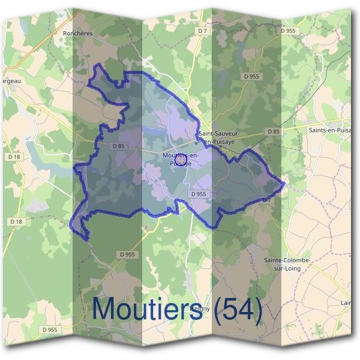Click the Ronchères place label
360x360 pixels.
coord(78,34)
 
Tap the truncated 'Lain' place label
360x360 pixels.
coord(346,303)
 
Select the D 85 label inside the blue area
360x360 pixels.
coord(118,146)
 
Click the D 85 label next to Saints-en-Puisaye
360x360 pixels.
coord(273,131)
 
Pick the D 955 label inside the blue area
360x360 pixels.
coord(198,194)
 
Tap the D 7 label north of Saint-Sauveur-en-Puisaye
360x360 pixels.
coord(202,31)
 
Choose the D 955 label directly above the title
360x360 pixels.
coord(128,254)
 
